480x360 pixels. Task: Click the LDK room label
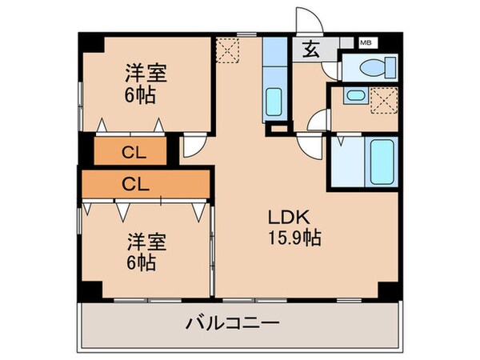pos(289,217)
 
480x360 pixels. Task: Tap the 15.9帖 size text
pos(294,238)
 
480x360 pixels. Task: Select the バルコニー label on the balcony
pos(233,323)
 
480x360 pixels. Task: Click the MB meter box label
pos(366,42)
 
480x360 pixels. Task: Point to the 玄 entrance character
pos(310,50)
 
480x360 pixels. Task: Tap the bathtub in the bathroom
pos(382,162)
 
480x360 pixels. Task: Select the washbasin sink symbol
pos(356,95)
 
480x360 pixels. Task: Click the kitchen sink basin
pos(274,102)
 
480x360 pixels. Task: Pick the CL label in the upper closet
pos(134,153)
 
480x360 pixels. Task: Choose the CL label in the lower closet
pos(136,184)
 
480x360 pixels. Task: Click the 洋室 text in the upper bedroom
pos(146,73)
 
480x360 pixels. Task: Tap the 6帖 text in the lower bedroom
pos(142,262)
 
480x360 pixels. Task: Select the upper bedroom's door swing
pos(194,147)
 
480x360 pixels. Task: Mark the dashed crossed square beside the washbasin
pos(384,101)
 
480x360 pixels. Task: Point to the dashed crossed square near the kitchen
pos(227,50)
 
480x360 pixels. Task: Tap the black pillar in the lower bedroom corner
pos(90,290)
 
